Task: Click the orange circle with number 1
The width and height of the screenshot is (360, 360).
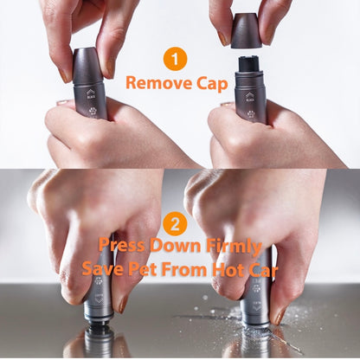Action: point(176,61)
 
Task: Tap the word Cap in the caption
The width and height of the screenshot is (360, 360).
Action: point(211,83)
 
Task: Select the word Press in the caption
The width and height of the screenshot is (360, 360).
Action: point(123,245)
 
